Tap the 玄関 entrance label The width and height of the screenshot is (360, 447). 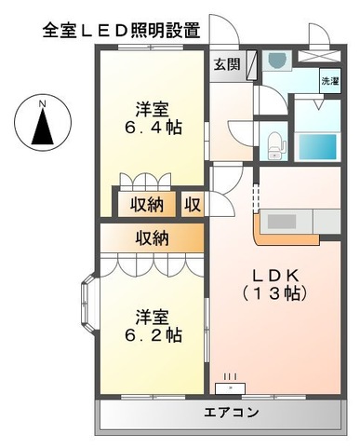point(226,64)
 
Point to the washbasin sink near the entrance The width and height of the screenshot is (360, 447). point(276,61)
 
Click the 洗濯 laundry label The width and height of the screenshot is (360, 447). point(329,81)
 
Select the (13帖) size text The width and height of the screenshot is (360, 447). point(275,293)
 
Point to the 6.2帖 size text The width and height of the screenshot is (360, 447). point(153,334)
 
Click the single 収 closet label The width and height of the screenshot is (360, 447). point(191,203)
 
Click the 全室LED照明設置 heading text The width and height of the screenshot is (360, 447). point(121,29)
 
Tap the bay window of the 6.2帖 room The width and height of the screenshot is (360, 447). point(88,303)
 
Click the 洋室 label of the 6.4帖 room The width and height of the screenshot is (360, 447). point(153,106)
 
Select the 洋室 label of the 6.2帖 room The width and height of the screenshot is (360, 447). point(153,314)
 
